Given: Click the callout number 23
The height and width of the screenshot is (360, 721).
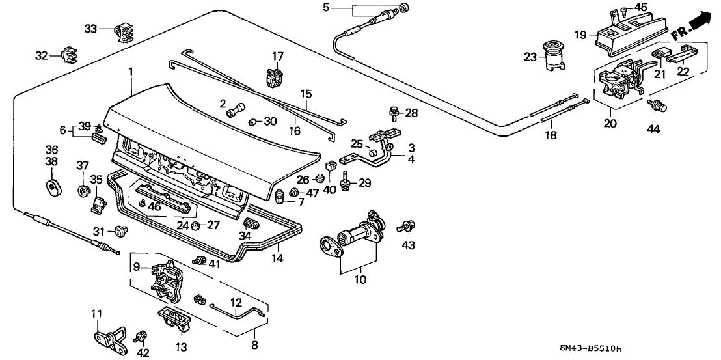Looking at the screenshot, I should [531, 56].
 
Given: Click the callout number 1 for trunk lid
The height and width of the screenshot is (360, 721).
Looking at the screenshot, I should [131, 70].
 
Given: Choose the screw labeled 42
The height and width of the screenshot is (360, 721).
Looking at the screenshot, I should [140, 337].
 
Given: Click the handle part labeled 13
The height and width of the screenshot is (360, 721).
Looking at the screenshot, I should [176, 322].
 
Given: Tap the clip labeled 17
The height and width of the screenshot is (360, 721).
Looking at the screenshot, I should [275, 76].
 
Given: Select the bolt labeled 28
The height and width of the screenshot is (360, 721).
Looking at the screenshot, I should [394, 113].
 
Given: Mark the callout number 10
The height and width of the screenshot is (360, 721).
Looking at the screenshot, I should [360, 280].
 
